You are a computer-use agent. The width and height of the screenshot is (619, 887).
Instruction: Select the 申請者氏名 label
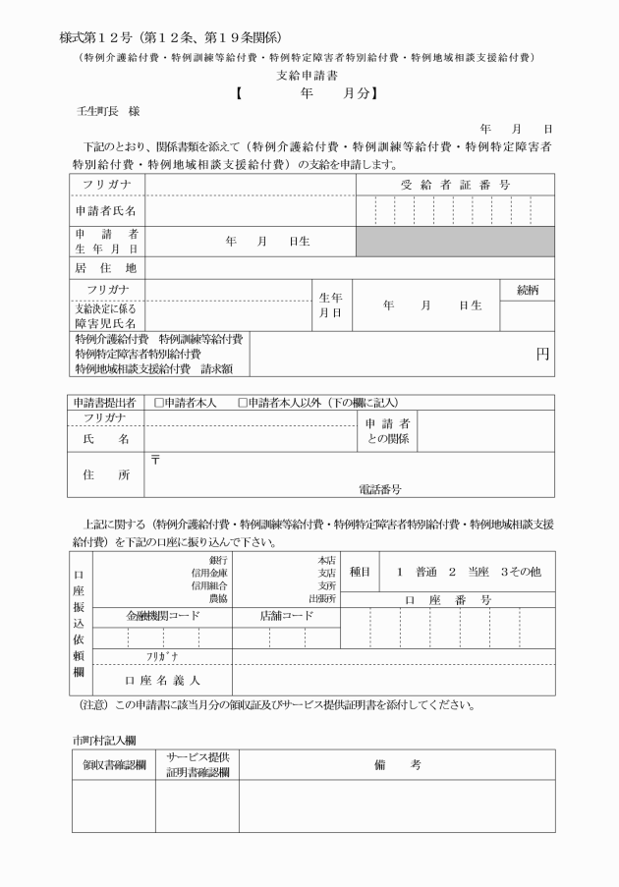pos(106,211)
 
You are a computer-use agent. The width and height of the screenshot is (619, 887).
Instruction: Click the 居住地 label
pos(106,267)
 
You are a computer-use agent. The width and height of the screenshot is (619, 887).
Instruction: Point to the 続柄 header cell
pos(528,290)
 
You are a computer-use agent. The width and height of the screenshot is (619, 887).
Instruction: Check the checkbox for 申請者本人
pos(159,402)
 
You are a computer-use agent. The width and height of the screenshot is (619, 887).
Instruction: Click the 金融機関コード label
pos(162,616)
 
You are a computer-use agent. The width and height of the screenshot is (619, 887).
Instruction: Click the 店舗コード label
pos(287,616)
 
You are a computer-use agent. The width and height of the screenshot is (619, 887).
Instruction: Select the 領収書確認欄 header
pos(114,764)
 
